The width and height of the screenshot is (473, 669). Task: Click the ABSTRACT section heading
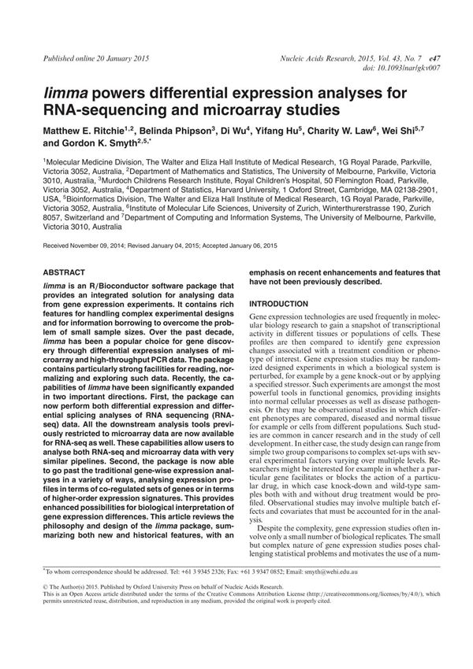tap(64, 272)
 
